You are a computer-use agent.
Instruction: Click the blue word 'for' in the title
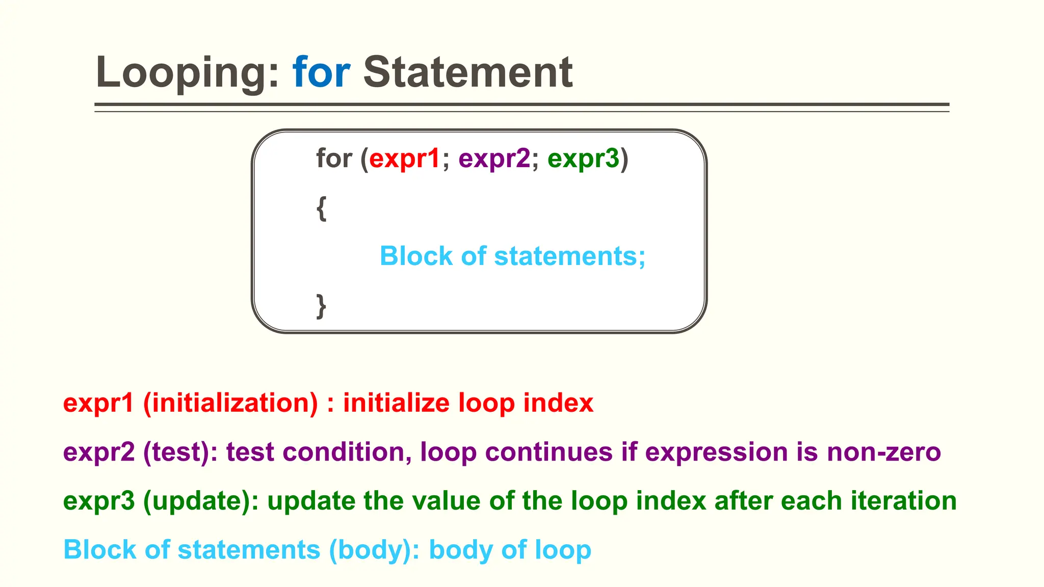point(321,72)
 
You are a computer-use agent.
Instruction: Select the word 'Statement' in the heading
point(467,72)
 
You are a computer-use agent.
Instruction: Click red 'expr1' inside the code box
point(404,158)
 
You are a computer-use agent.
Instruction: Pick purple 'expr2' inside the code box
point(494,158)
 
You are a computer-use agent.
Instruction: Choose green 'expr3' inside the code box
point(583,158)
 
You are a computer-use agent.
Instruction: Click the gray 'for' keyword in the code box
point(334,158)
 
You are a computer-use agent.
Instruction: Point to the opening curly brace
point(321,208)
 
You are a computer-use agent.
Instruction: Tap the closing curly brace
point(321,306)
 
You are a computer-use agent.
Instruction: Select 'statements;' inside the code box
point(569,256)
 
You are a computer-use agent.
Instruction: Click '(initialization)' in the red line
point(230,403)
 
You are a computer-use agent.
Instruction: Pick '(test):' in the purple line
point(180,452)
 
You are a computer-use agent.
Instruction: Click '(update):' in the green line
point(201,501)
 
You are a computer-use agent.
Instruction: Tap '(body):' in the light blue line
point(374,550)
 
